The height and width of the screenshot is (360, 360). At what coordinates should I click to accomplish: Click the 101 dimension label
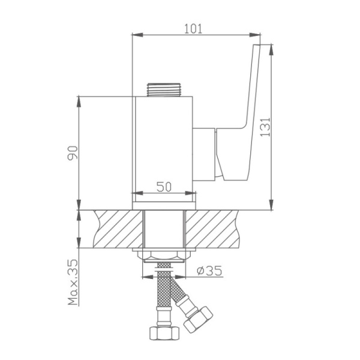pos(193,29)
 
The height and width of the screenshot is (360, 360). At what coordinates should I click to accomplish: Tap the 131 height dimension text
pos(266,127)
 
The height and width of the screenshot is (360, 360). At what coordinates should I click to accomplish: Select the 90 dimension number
pos(73,152)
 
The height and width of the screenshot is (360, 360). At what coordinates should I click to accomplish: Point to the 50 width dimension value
pos(164,187)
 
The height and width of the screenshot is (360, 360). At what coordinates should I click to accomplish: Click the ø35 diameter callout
pos(209,271)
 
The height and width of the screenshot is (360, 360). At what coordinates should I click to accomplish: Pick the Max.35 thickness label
pos(73,283)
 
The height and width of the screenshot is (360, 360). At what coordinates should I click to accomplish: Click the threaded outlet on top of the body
pos(163,90)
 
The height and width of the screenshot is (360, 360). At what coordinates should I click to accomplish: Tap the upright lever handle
pos(239,112)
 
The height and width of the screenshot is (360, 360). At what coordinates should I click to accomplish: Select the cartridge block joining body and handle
pos(204,154)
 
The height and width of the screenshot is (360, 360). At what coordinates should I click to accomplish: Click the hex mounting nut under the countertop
pos(164,256)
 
